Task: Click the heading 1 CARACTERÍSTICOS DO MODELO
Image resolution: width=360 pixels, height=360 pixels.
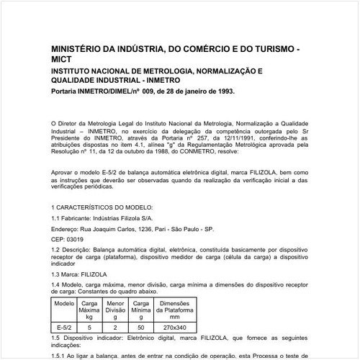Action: point(108,207)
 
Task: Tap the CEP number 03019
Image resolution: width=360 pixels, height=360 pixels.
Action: point(73,238)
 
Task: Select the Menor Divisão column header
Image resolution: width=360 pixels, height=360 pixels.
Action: point(115,309)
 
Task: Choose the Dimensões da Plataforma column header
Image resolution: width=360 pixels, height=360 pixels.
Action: point(174,309)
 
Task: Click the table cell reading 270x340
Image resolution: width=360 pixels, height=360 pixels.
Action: point(174,327)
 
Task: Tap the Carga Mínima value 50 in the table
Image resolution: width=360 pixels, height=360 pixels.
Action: point(141,327)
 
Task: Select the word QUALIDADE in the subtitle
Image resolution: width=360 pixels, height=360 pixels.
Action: point(76,81)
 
